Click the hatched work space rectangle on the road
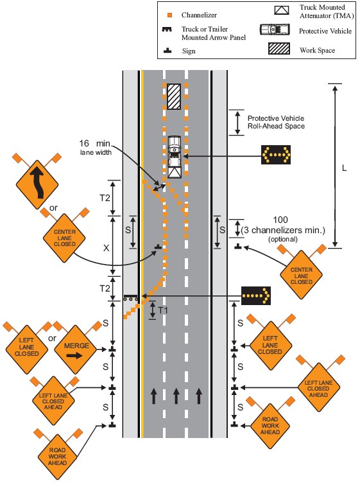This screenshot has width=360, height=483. (174, 96)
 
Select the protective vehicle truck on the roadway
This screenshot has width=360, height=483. (175, 157)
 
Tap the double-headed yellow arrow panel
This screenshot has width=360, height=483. (276, 154)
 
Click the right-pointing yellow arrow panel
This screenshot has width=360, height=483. (255, 295)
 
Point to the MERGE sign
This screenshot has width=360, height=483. (76, 350)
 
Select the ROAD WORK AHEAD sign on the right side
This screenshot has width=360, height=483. (270, 425)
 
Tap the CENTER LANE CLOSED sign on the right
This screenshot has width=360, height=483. (301, 275)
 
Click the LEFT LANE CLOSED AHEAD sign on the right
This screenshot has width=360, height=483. (318, 388)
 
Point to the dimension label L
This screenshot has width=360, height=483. (345, 168)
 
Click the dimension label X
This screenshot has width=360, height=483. (106, 248)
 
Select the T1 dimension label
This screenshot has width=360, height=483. (163, 310)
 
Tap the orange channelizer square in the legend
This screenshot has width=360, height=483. (169, 15)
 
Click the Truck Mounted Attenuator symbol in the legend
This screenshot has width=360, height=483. (282, 10)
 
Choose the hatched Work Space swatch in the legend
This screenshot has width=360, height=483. (279, 48)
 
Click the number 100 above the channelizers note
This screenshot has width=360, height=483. (280, 220)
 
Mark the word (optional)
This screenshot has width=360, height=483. (283, 240)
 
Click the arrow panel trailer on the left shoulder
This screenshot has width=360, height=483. (130, 297)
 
